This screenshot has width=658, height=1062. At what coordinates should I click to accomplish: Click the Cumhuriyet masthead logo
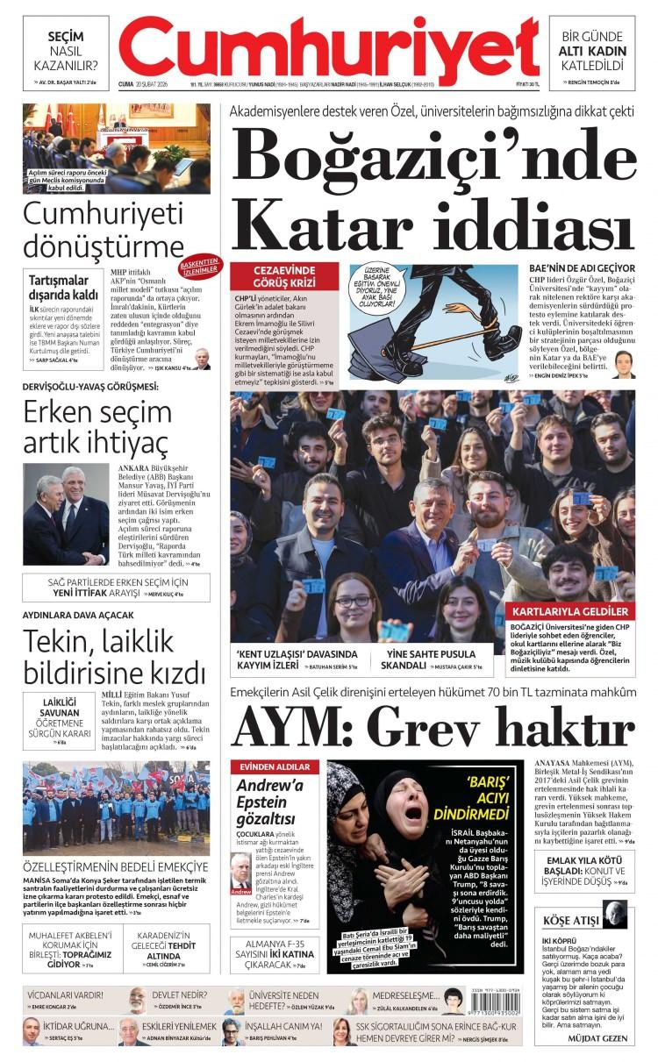[x=328, y=48]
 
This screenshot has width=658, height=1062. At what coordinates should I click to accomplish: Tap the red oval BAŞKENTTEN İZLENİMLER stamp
[x=201, y=266]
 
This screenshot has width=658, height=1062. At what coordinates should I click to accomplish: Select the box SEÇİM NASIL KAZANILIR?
[x=66, y=51]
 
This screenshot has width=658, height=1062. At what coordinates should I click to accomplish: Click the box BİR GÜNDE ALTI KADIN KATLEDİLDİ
[x=591, y=51]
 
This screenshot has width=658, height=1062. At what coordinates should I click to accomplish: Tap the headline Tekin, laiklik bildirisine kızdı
[x=113, y=659]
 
